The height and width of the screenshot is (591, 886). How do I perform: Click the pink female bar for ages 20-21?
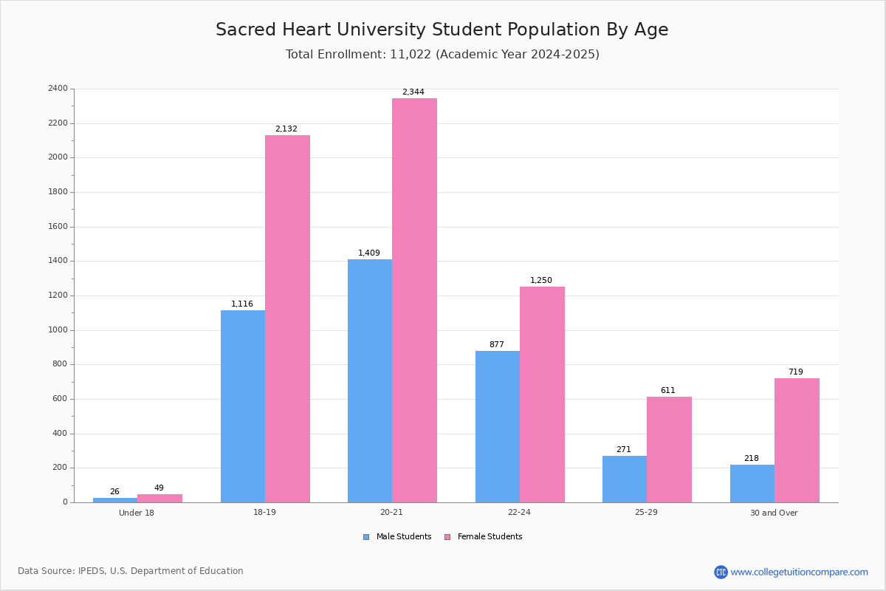pyautogui.click(x=414, y=301)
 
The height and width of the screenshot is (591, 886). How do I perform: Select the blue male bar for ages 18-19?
pyautogui.click(x=243, y=406)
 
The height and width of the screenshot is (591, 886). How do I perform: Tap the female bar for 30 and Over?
pyautogui.click(x=797, y=440)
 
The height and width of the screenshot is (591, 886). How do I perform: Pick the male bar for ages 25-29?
pyautogui.click(x=625, y=479)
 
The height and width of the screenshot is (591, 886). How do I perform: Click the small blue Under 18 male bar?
pyautogui.click(x=115, y=500)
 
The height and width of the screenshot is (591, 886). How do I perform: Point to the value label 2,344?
pyautogui.click(x=413, y=92)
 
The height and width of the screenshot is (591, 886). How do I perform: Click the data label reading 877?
pyautogui.click(x=497, y=344)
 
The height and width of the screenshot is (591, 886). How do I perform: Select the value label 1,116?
pyautogui.click(x=242, y=304)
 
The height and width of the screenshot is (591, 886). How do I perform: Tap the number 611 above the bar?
pyautogui.click(x=668, y=390)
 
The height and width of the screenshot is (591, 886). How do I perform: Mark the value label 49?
pyautogui.click(x=159, y=488)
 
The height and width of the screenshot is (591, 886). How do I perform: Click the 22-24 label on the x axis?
pyautogui.click(x=519, y=512)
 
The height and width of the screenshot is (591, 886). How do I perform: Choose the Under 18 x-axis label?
pyautogui.click(x=137, y=513)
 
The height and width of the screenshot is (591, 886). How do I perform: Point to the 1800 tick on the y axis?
pyautogui.click(x=58, y=192)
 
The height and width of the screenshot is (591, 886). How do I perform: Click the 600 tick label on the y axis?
pyautogui.click(x=60, y=399)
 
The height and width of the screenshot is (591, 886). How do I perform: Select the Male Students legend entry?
pyautogui.click(x=397, y=537)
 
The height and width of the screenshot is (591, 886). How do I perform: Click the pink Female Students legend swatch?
pyautogui.click(x=447, y=537)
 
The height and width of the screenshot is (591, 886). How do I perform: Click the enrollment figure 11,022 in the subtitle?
pyautogui.click(x=411, y=55)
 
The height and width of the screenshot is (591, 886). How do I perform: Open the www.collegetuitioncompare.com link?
pyautogui.click(x=800, y=572)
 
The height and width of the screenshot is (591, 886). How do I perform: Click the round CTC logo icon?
pyautogui.click(x=721, y=572)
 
